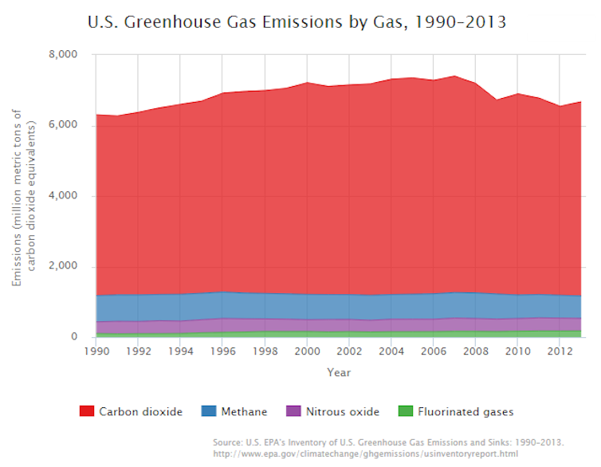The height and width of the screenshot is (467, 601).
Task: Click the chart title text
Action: [x=297, y=22]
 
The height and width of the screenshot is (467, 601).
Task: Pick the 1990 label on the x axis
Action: [x=96, y=351]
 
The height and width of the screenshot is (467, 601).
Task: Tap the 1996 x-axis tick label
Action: [x=222, y=351]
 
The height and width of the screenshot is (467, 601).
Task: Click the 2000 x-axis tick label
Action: [x=307, y=351]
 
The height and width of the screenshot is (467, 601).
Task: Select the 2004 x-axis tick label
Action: [x=391, y=351]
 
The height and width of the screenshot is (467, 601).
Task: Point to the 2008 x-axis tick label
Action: [x=476, y=351]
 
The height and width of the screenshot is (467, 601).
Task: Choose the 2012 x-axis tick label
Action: [x=560, y=351]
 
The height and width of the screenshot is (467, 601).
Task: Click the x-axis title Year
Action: [x=338, y=372]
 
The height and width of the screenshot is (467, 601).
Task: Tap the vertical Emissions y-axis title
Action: [x=24, y=195]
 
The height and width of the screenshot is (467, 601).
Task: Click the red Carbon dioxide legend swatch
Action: [x=88, y=412]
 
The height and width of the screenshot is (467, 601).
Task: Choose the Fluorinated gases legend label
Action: [x=465, y=412]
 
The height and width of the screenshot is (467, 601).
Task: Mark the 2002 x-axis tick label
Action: [x=349, y=351]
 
